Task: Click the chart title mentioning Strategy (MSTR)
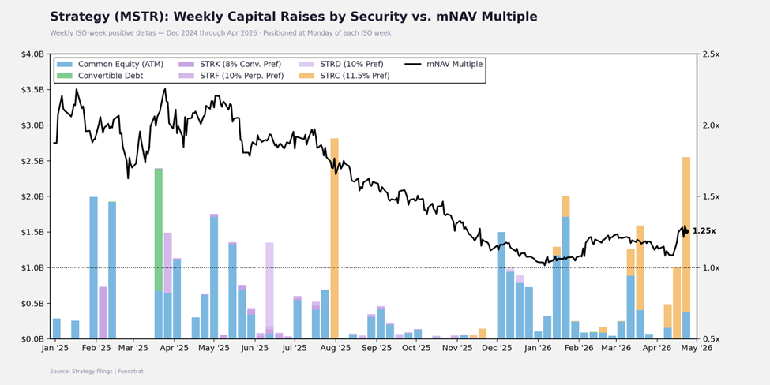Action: [x=293, y=17]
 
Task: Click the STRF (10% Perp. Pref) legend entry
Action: [x=232, y=76]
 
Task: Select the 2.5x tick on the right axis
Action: [x=709, y=54]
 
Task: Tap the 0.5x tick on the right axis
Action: [x=709, y=339]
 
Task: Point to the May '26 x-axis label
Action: [x=697, y=347]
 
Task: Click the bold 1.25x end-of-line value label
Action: [x=704, y=231]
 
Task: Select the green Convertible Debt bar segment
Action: [x=159, y=229]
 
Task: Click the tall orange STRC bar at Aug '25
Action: [x=335, y=237]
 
